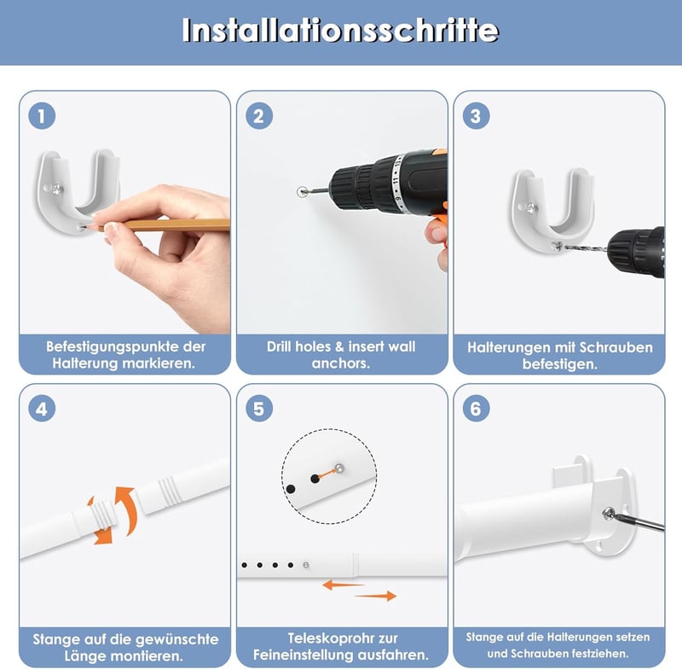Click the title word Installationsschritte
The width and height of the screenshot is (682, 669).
(340, 30)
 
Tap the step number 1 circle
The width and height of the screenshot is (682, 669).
(42, 116)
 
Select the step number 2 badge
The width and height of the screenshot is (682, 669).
(259, 116)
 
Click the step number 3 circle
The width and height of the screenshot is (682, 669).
(476, 116)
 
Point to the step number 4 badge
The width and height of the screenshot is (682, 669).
(42, 409)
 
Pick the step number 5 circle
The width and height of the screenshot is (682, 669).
(259, 409)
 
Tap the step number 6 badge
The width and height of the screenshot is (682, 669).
(476, 409)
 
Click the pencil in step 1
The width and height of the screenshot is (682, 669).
(161, 225)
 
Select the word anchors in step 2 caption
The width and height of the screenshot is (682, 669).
(340, 363)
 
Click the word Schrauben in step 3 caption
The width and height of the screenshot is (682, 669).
(616, 347)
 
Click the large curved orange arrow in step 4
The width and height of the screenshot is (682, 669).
(126, 509)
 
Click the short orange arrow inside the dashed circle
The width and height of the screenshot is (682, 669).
(327, 474)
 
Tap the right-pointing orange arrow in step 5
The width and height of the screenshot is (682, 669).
(376, 596)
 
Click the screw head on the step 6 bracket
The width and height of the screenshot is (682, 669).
(610, 513)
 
